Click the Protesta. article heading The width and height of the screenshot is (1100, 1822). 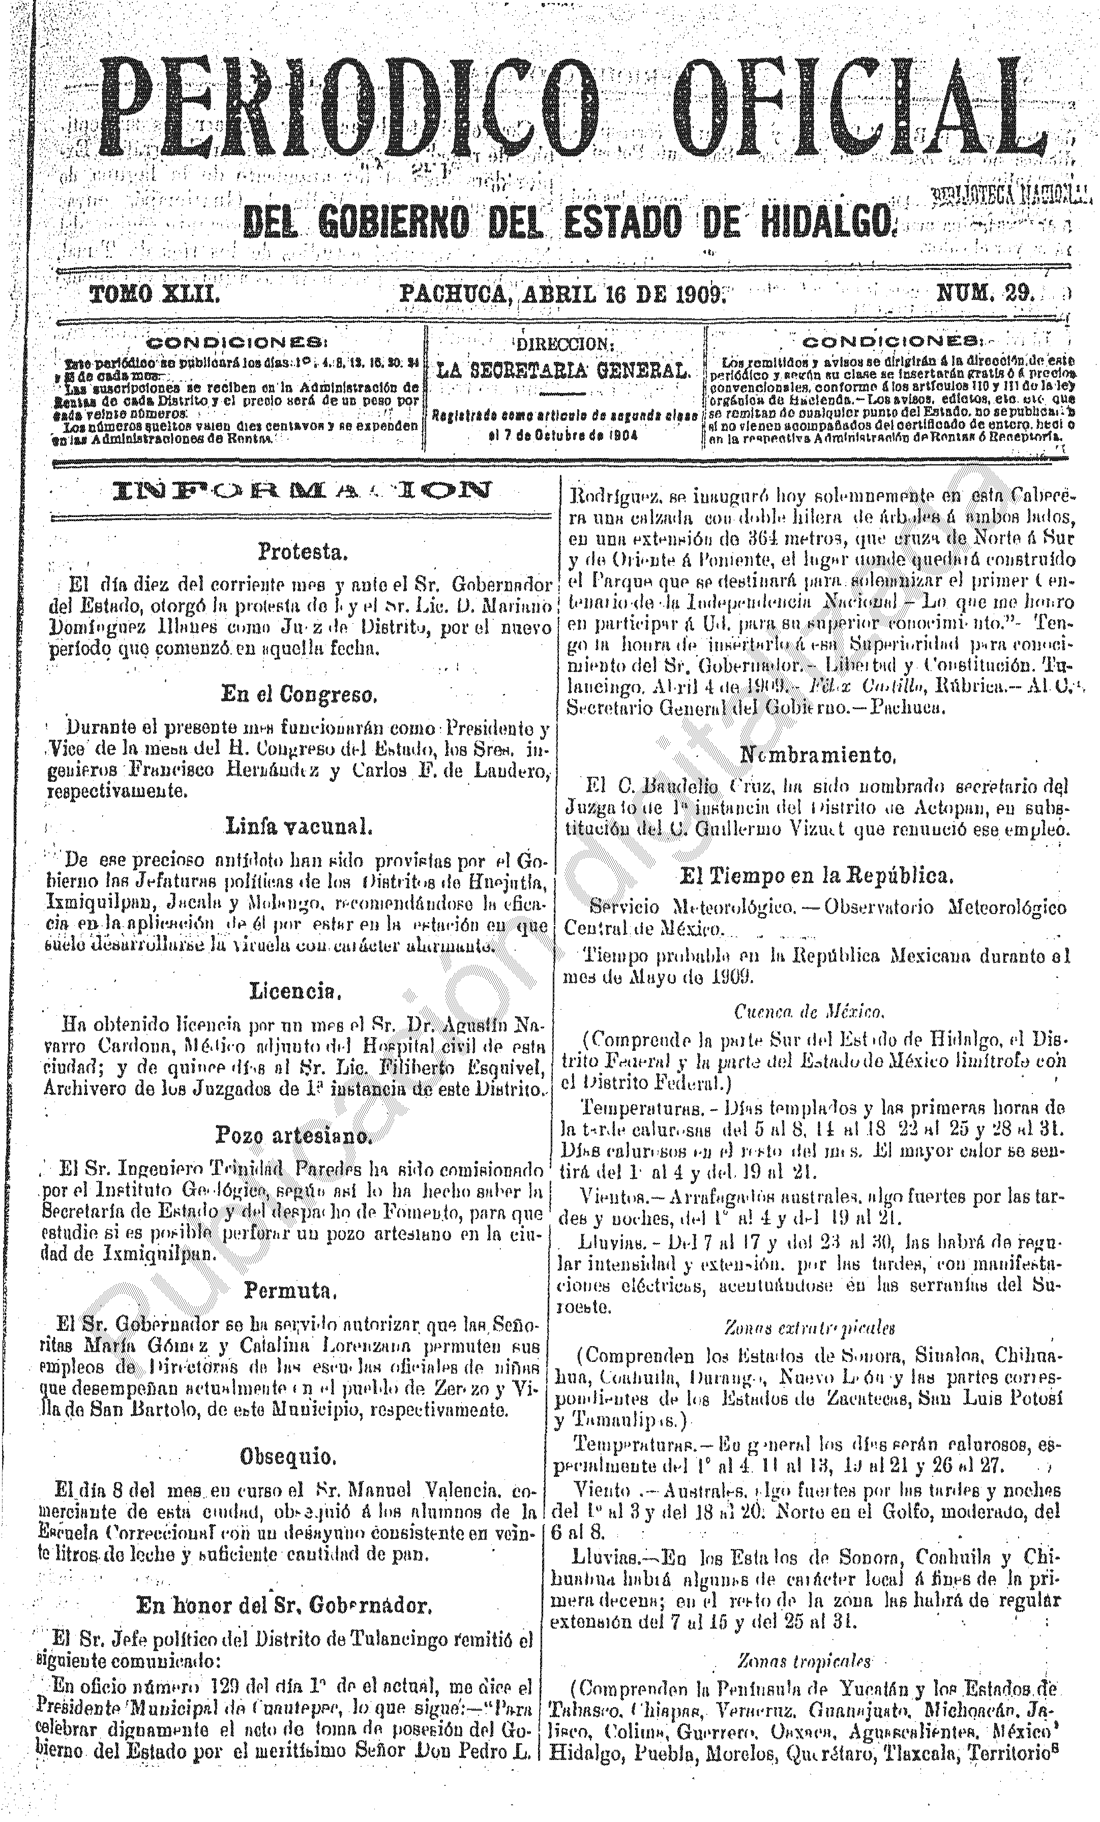pyautogui.click(x=301, y=551)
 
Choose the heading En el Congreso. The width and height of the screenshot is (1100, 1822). pyautogui.click(x=299, y=693)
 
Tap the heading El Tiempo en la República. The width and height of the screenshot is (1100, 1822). pyautogui.click(x=817, y=877)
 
